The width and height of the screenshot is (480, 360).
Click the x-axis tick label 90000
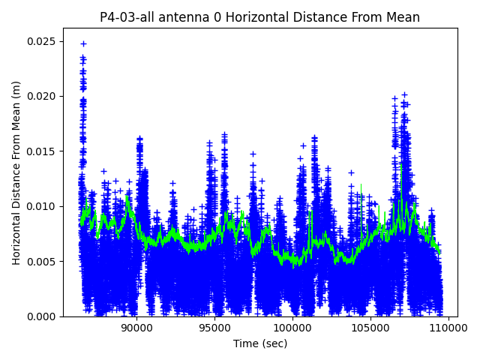click(136, 328)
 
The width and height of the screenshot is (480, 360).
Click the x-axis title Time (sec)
click(260, 343)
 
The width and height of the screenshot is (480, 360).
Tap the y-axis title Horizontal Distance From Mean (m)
click(16, 172)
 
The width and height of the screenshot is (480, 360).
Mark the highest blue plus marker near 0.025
click(83, 43)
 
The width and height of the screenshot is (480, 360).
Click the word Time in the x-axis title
click(245, 343)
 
